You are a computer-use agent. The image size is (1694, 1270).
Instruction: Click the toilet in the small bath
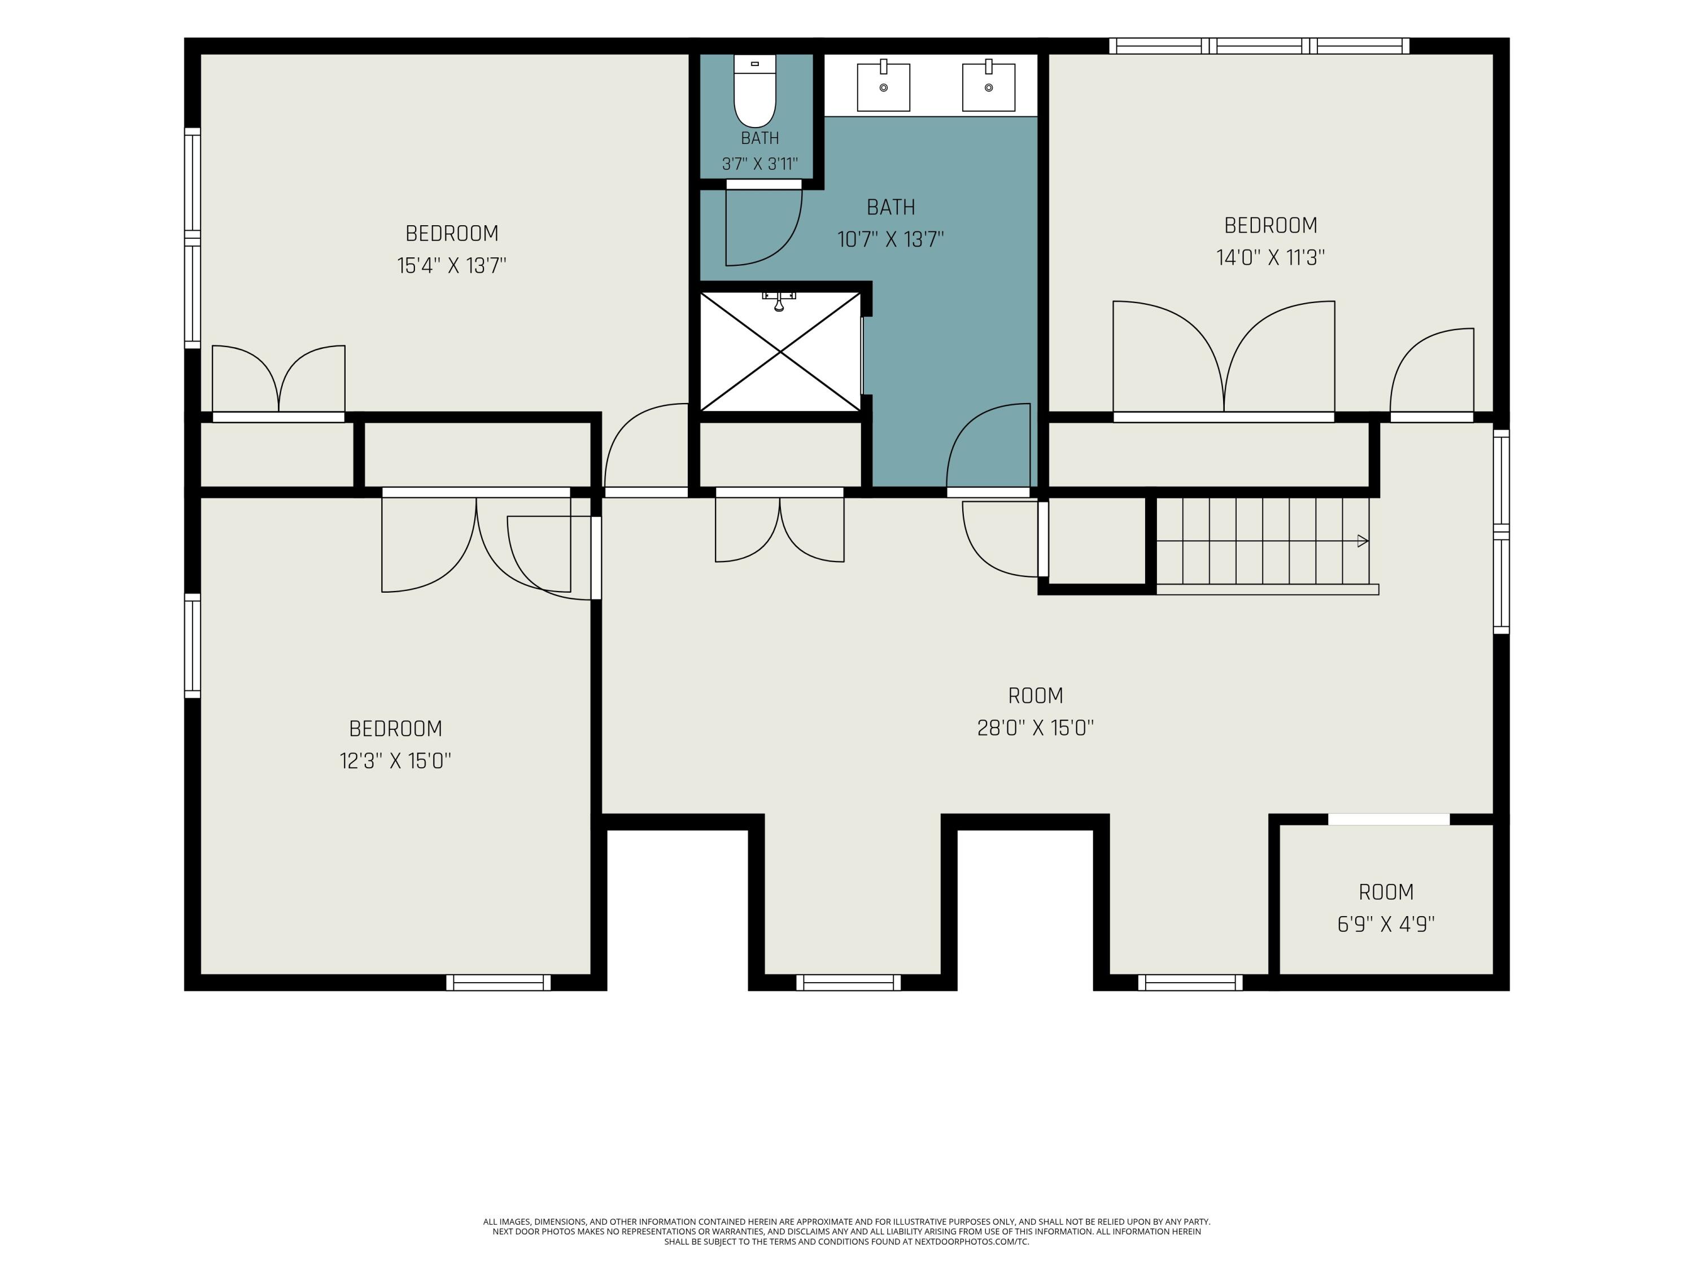754,90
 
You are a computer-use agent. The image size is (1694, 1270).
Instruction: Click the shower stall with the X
780,352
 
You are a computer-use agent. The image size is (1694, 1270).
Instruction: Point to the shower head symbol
779,301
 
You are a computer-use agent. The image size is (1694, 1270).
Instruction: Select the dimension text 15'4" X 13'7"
452,266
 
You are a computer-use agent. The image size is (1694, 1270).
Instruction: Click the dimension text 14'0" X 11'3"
1270,257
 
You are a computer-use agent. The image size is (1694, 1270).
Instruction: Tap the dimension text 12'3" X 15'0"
395,761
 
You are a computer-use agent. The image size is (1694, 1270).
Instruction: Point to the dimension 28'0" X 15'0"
1036,728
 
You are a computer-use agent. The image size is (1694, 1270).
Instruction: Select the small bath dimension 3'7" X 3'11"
759,164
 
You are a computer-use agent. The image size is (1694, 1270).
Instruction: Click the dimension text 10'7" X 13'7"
890,240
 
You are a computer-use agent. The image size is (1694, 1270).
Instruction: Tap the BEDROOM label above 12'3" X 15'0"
395,729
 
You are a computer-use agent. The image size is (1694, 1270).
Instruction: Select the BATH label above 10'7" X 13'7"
890,208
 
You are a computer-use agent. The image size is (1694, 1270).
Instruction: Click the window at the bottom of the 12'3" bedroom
499,982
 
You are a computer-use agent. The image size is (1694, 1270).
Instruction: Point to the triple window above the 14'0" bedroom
1259,46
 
